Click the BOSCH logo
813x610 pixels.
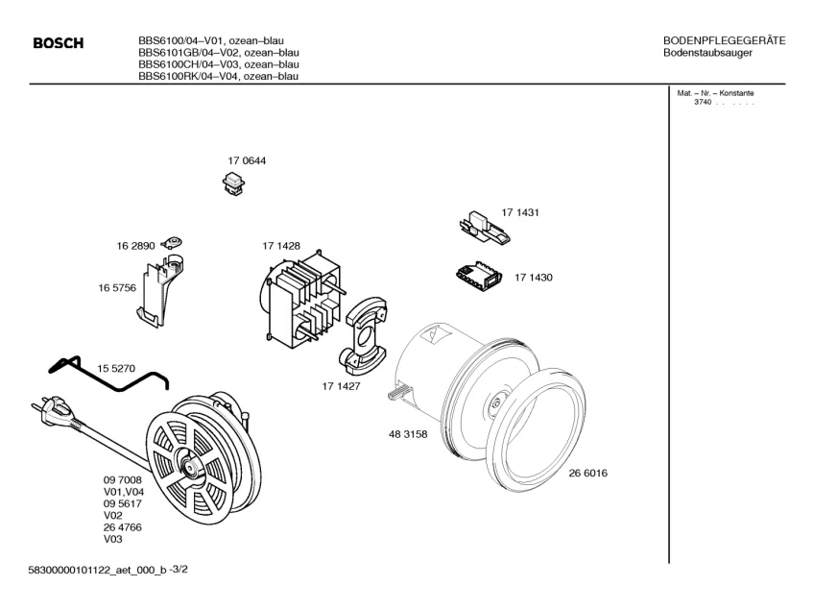[x=59, y=44]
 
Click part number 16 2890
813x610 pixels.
[x=136, y=247]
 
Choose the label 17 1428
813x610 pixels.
[x=281, y=247]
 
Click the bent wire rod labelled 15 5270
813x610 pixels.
[x=106, y=377]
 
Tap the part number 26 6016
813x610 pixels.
[x=587, y=473]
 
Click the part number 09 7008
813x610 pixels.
[x=122, y=478]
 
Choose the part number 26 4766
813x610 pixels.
[x=122, y=527]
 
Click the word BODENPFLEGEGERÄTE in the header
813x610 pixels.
[x=725, y=40]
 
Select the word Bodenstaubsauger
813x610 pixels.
[x=707, y=52]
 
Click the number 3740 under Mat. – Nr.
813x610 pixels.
[x=703, y=102]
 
